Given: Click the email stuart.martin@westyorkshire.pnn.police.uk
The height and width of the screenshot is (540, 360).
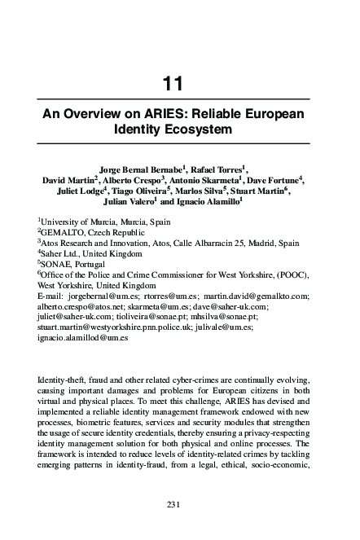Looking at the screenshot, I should click(118, 328).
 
